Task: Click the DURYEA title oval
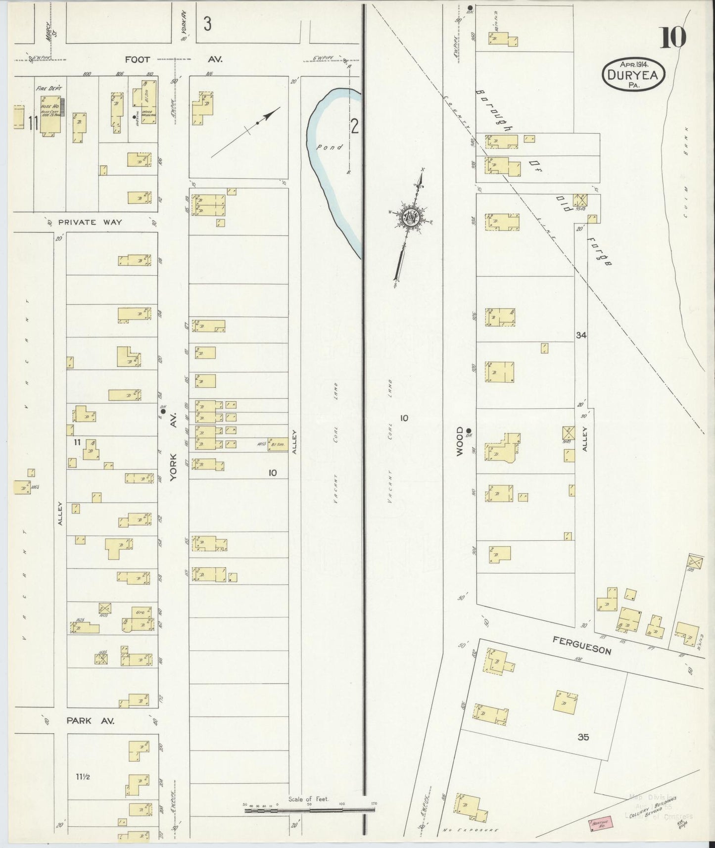pos(633,74)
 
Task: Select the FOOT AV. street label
pos(173,59)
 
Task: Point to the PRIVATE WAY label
pos(90,222)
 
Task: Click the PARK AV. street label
pos(91,721)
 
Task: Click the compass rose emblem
pos(411,217)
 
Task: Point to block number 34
pos(581,335)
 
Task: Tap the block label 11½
pos(82,776)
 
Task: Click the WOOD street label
pos(460,441)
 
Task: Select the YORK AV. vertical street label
pos(173,452)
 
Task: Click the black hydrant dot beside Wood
pos(468,430)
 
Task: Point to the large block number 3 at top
pos(207,24)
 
